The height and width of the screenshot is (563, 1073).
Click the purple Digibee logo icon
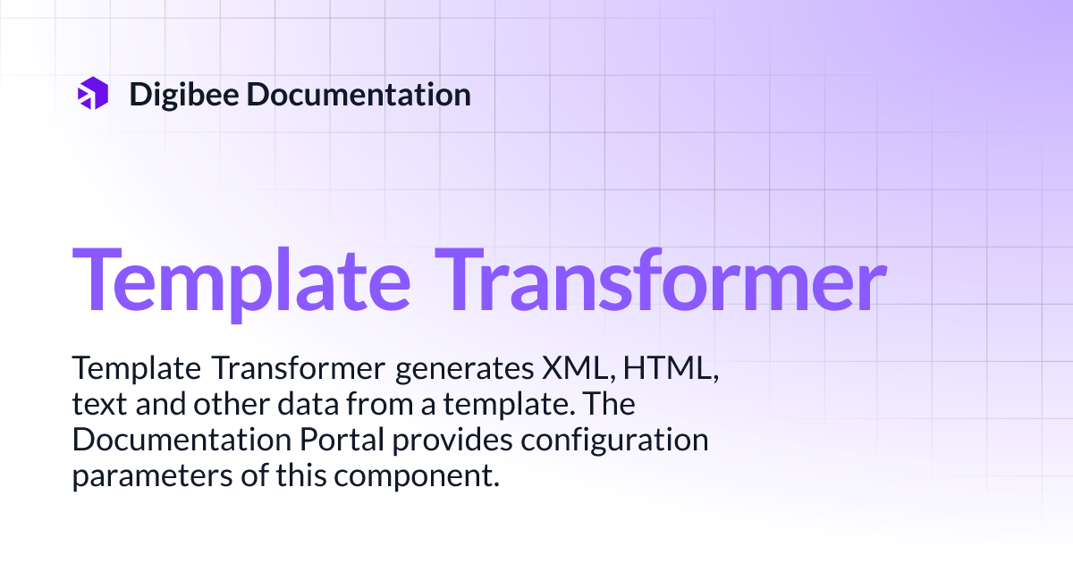[x=93, y=94]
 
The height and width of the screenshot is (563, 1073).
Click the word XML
[x=564, y=369]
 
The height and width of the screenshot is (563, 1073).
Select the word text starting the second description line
[x=99, y=405]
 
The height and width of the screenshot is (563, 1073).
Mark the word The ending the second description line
[x=610, y=405]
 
